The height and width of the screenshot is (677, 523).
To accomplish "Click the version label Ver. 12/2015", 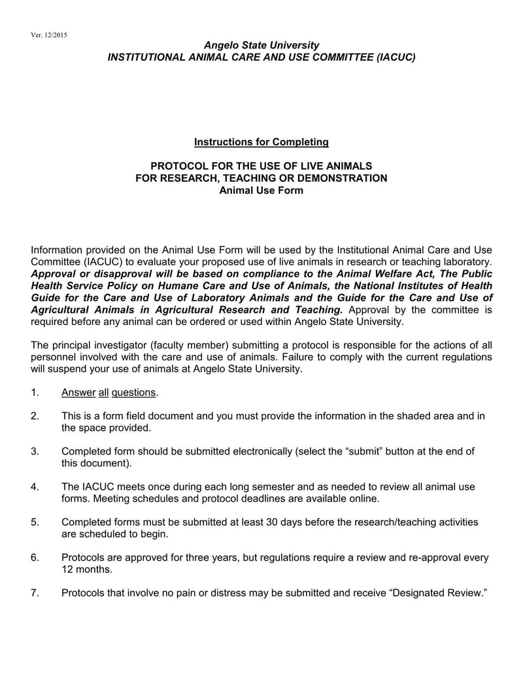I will (x=49, y=34).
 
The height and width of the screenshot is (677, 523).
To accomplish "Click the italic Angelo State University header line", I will (x=261, y=45).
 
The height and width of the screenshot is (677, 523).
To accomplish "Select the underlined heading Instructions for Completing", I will (x=261, y=142).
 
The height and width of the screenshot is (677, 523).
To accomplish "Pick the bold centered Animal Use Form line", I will (x=261, y=190).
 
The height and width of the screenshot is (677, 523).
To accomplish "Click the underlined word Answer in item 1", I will (x=78, y=392).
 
